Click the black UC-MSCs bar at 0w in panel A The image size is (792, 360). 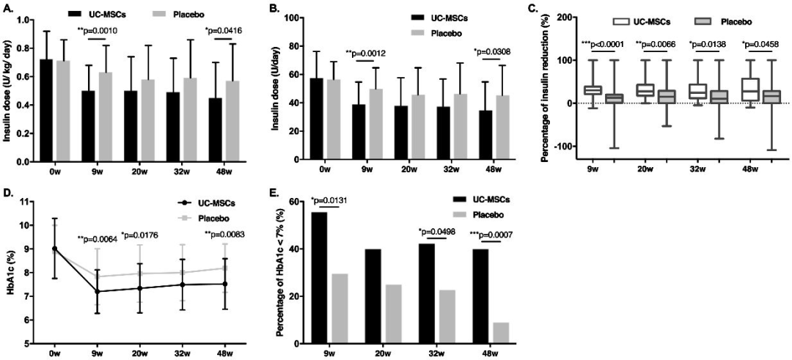coord(45,110)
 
